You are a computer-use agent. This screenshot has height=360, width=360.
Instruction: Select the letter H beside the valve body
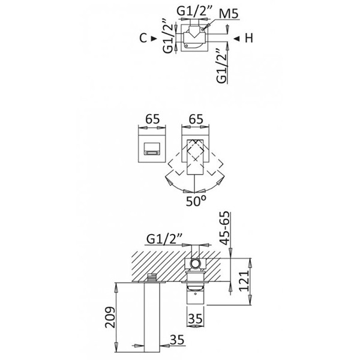[x=248, y=38]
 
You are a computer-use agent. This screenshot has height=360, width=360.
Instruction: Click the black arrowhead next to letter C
[x=156, y=38]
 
